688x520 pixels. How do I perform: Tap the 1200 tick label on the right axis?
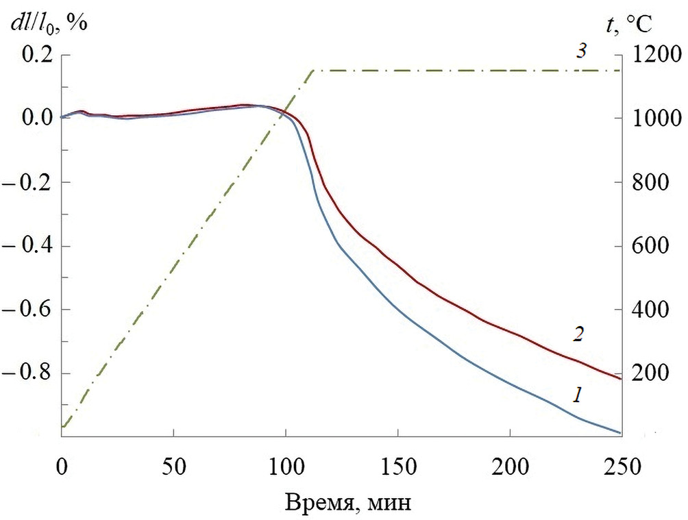(653, 55)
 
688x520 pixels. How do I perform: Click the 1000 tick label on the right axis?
(653, 119)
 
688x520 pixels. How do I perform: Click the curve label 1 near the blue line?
(578, 395)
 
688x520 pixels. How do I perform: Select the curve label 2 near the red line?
(578, 334)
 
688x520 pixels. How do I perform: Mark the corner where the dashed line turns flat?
(313, 70)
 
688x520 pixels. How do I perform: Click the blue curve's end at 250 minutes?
(621, 433)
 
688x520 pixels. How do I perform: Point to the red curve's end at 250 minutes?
(621, 379)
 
